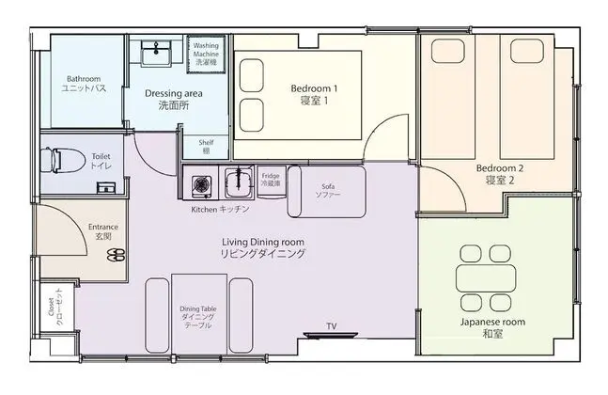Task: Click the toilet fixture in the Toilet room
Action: pos(63,160)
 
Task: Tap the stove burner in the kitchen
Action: pos(201,184)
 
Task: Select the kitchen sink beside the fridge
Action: pos(238,182)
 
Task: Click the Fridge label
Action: pos(271,180)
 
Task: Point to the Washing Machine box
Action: pos(206,54)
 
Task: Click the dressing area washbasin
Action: pos(156,53)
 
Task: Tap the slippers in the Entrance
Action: pos(116,255)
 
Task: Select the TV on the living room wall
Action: pos(331,335)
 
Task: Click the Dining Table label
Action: pos(198,317)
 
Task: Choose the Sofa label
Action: pos(328,191)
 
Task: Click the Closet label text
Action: pos(55,307)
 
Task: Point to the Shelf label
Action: pos(207,147)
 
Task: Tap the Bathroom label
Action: pos(84,84)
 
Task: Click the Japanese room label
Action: pos(492,327)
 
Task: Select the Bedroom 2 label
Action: pos(500,174)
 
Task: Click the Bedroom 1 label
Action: pos(314,94)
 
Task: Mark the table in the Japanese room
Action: pos(486,277)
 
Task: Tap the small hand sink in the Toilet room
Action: pos(106,188)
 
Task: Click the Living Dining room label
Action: pos(263,248)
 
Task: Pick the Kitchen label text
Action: pos(220,209)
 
